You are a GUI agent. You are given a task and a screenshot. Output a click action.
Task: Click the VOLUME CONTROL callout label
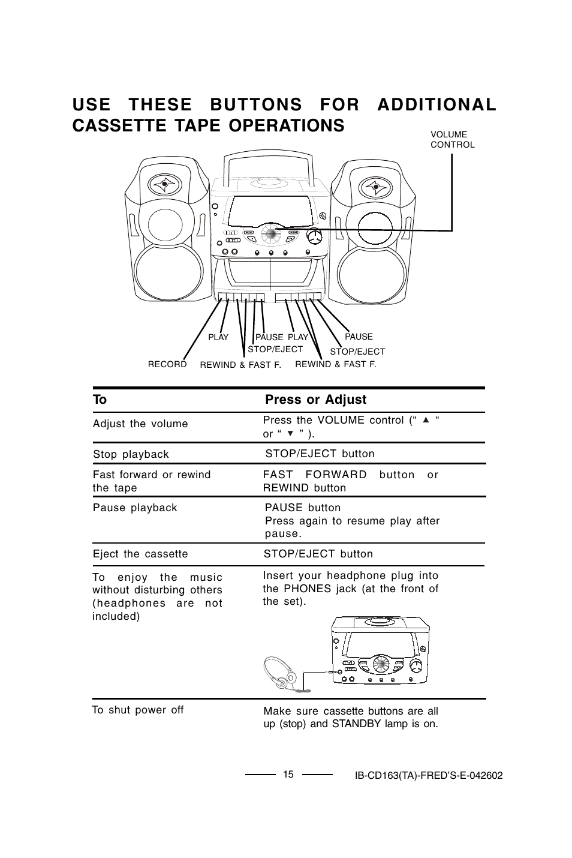452,140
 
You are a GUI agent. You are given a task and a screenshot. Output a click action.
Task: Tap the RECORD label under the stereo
167,364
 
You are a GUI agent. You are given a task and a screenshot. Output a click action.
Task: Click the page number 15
288,774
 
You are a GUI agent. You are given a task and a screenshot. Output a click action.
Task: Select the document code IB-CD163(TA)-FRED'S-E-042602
428,775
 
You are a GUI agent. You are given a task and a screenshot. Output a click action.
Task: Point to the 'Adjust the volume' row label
140,424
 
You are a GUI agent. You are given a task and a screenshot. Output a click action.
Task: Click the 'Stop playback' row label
131,454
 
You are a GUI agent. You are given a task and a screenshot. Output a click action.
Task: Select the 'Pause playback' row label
135,508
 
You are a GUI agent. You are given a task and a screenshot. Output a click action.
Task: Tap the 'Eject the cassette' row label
140,554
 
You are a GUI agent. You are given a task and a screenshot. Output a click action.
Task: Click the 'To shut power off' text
138,710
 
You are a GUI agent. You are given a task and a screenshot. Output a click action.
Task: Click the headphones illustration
279,673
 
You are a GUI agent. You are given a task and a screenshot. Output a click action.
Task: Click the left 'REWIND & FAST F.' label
240,365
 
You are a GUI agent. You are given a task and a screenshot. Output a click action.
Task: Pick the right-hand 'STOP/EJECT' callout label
357,352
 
